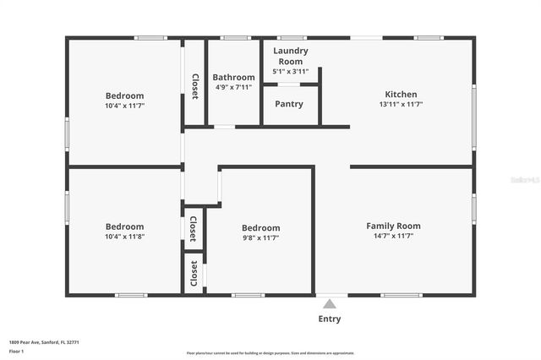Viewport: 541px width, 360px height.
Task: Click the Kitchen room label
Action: click(401, 94)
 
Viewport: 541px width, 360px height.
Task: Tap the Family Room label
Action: click(393, 226)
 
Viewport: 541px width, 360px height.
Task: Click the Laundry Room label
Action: click(290, 56)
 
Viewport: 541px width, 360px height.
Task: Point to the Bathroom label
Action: click(233, 77)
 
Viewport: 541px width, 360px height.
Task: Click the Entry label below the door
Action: click(330, 319)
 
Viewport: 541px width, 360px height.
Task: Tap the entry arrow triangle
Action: click(330, 302)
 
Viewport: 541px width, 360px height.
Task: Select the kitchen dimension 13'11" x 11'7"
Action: click(401, 105)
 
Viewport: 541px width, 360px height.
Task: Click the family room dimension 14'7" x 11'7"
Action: click(393, 236)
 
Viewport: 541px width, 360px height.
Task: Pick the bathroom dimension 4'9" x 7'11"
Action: click(233, 87)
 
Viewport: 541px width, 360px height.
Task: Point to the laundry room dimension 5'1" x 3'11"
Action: click(290, 72)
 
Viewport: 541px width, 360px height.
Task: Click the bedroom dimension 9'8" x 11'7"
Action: click(260, 238)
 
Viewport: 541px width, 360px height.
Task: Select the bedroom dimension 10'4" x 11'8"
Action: click(124, 237)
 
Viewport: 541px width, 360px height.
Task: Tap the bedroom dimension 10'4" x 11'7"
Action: click(124, 106)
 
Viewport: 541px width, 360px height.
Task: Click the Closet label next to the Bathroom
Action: click(194, 86)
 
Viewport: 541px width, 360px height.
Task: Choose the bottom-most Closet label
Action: click(194, 273)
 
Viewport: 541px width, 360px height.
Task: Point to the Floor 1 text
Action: click(16, 351)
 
